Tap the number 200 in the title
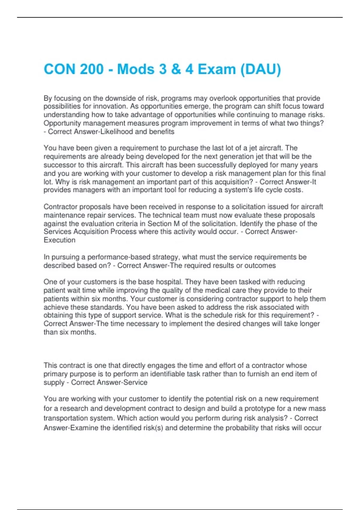click(92, 69)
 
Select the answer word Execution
click(59, 240)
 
